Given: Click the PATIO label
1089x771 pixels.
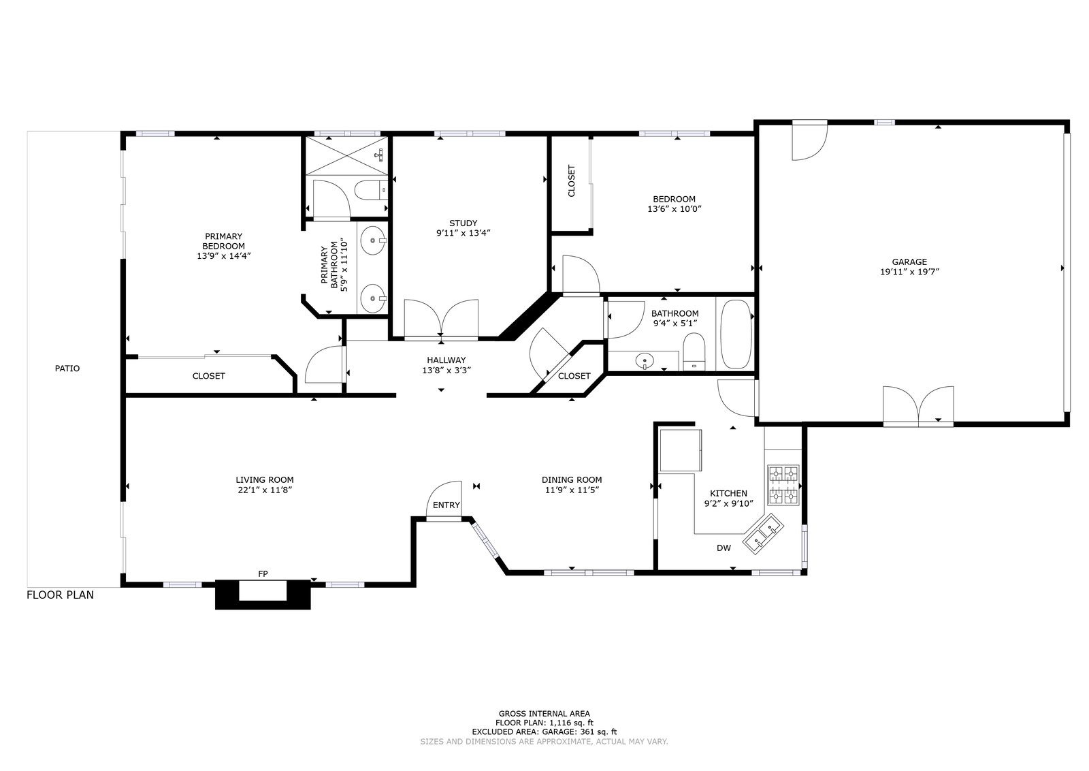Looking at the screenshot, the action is coord(67,368).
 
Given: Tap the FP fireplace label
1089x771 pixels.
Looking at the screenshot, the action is coord(263,574).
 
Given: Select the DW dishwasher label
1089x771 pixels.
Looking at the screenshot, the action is coord(724,548).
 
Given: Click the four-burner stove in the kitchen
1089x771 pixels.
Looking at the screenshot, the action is coord(783,486).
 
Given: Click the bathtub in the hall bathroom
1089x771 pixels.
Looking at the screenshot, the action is coord(736,334).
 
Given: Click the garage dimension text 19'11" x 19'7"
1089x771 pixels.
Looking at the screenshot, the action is coord(909,272).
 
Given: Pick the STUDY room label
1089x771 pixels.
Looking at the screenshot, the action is coord(464,223).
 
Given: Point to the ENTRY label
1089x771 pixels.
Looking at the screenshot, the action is coord(446,505).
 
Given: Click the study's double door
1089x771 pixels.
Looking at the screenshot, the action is coord(441,319).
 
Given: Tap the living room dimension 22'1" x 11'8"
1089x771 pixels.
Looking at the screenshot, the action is coord(265,490).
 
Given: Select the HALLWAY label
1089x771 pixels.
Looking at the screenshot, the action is coord(446,360).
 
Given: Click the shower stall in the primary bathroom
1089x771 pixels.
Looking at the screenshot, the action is coord(346,155).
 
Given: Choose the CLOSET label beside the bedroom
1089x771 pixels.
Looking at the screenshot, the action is coord(571,181).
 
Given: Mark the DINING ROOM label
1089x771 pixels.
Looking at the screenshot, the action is coord(572,480).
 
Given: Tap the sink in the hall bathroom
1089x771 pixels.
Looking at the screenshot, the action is coord(645,361).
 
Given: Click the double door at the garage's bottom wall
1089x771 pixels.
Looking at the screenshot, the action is coord(918,406).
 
